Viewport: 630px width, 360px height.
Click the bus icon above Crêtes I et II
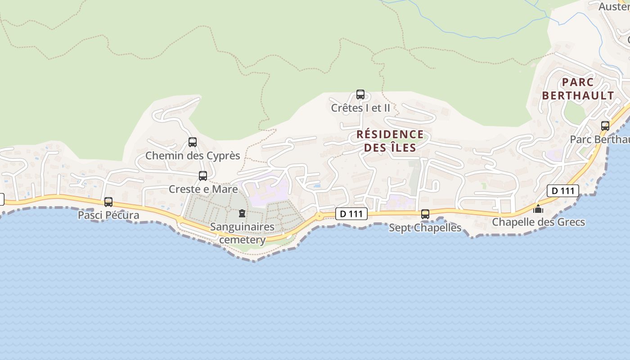pos(360,94)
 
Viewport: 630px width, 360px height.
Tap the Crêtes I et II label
pos(360,108)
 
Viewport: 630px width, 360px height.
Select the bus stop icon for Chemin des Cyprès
pos(193,142)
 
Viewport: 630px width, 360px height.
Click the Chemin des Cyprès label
pos(193,156)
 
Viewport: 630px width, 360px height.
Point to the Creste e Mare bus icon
pos(203,176)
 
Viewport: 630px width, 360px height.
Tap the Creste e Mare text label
pos(203,189)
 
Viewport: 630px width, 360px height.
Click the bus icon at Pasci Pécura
pos(108,202)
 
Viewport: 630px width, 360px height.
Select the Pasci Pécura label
pos(108,215)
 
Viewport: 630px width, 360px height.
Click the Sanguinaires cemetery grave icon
pos(242,213)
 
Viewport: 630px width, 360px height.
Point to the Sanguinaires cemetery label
pos(242,233)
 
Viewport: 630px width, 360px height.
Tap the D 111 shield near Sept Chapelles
pos(351,214)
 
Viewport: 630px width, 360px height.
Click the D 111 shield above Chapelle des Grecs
pos(563,191)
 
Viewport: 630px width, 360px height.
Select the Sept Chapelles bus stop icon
pos(425,214)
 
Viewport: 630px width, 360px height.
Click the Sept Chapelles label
pos(425,228)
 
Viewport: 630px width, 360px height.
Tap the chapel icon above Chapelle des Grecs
pos(538,209)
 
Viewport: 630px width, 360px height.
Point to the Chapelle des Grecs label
pos(538,222)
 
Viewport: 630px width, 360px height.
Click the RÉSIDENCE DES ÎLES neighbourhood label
pos(390,141)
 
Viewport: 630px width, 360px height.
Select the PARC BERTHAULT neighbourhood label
pos(578,89)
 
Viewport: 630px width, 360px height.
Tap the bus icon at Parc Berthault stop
pos(605,126)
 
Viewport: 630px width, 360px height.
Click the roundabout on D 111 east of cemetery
pos(319,216)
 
